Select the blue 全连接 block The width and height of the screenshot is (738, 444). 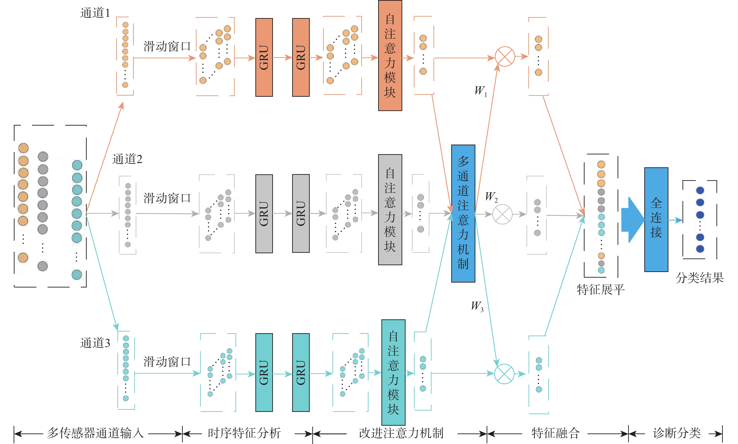click(x=656, y=219)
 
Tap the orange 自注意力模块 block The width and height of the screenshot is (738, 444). click(x=390, y=56)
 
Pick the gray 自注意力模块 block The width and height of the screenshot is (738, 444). click(x=390, y=209)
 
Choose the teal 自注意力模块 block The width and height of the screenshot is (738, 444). click(x=393, y=372)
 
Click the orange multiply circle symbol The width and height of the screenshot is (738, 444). click(x=505, y=56)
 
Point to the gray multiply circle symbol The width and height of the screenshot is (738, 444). click(x=502, y=214)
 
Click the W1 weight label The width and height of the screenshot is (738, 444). click(x=481, y=91)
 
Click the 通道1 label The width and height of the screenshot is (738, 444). click(x=95, y=13)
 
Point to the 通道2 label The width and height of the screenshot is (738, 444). click(x=127, y=159)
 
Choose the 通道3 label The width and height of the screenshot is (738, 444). click(x=95, y=343)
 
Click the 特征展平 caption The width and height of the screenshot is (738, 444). click(x=600, y=290)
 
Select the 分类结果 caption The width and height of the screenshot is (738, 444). click(x=699, y=278)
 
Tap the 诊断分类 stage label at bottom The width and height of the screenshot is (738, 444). click(x=677, y=433)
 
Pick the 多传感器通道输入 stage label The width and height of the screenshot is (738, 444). click(x=95, y=433)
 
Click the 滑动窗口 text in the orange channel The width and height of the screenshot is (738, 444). click(x=167, y=47)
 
